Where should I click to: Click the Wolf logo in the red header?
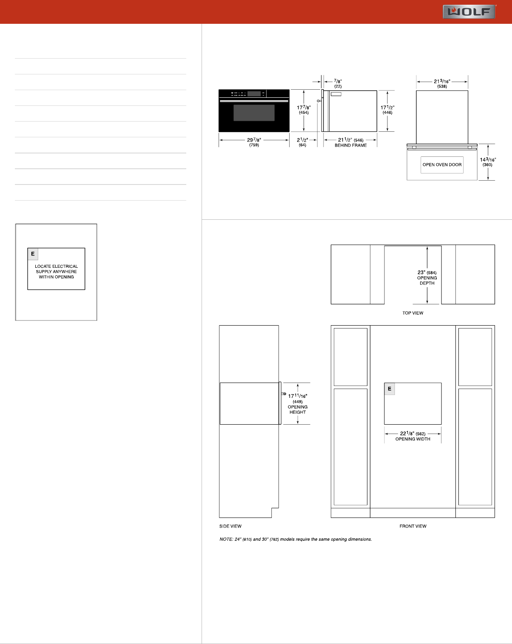point(469,11)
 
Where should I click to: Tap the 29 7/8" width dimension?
point(254,142)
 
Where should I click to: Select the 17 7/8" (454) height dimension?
point(304,110)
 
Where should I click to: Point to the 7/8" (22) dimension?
point(338,83)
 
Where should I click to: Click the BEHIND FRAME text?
point(350,145)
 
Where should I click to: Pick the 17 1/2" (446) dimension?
point(387,110)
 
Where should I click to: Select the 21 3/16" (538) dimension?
point(442,83)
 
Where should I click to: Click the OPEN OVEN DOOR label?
point(442,165)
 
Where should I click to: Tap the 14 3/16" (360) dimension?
point(488,162)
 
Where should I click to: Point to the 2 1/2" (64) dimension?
point(302,142)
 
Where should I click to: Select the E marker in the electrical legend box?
point(33,254)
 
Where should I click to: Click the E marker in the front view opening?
point(390,389)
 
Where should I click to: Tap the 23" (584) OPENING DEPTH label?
point(427,278)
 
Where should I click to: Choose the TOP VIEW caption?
point(412,313)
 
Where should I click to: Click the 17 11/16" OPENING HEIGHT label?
point(298,404)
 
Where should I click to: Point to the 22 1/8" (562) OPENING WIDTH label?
point(412,436)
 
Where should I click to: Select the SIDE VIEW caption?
point(230,526)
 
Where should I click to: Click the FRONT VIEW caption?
point(413,526)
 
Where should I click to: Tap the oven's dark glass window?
point(254,113)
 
